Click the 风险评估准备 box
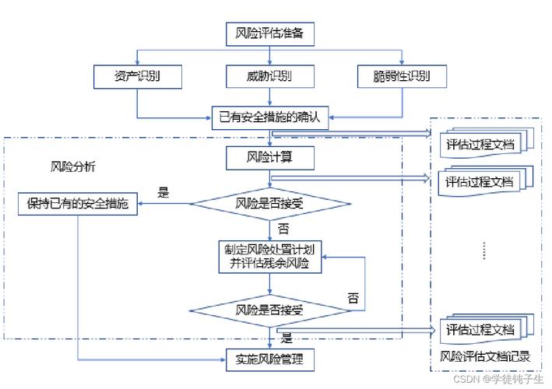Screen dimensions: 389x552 tap(270, 34)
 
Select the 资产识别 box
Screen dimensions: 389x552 tap(137, 76)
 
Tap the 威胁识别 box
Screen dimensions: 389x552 tap(270, 76)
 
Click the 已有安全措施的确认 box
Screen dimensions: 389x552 tap(270, 119)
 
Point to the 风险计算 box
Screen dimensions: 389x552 tap(270, 159)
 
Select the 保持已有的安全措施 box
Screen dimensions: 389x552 tap(79, 204)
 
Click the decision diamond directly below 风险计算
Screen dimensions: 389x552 tap(270, 204)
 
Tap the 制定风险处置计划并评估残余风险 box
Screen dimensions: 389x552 tap(270, 256)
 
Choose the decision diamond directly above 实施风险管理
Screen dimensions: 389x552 tap(270, 309)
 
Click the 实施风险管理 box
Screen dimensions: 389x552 tap(270, 359)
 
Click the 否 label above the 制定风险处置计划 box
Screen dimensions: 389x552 tap(284, 230)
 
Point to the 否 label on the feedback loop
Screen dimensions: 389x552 tap(353, 298)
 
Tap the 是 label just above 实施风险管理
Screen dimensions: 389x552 tap(286, 338)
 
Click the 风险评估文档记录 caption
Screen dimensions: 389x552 tap(485, 357)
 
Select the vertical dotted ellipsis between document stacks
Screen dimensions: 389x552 tap(483, 251)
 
